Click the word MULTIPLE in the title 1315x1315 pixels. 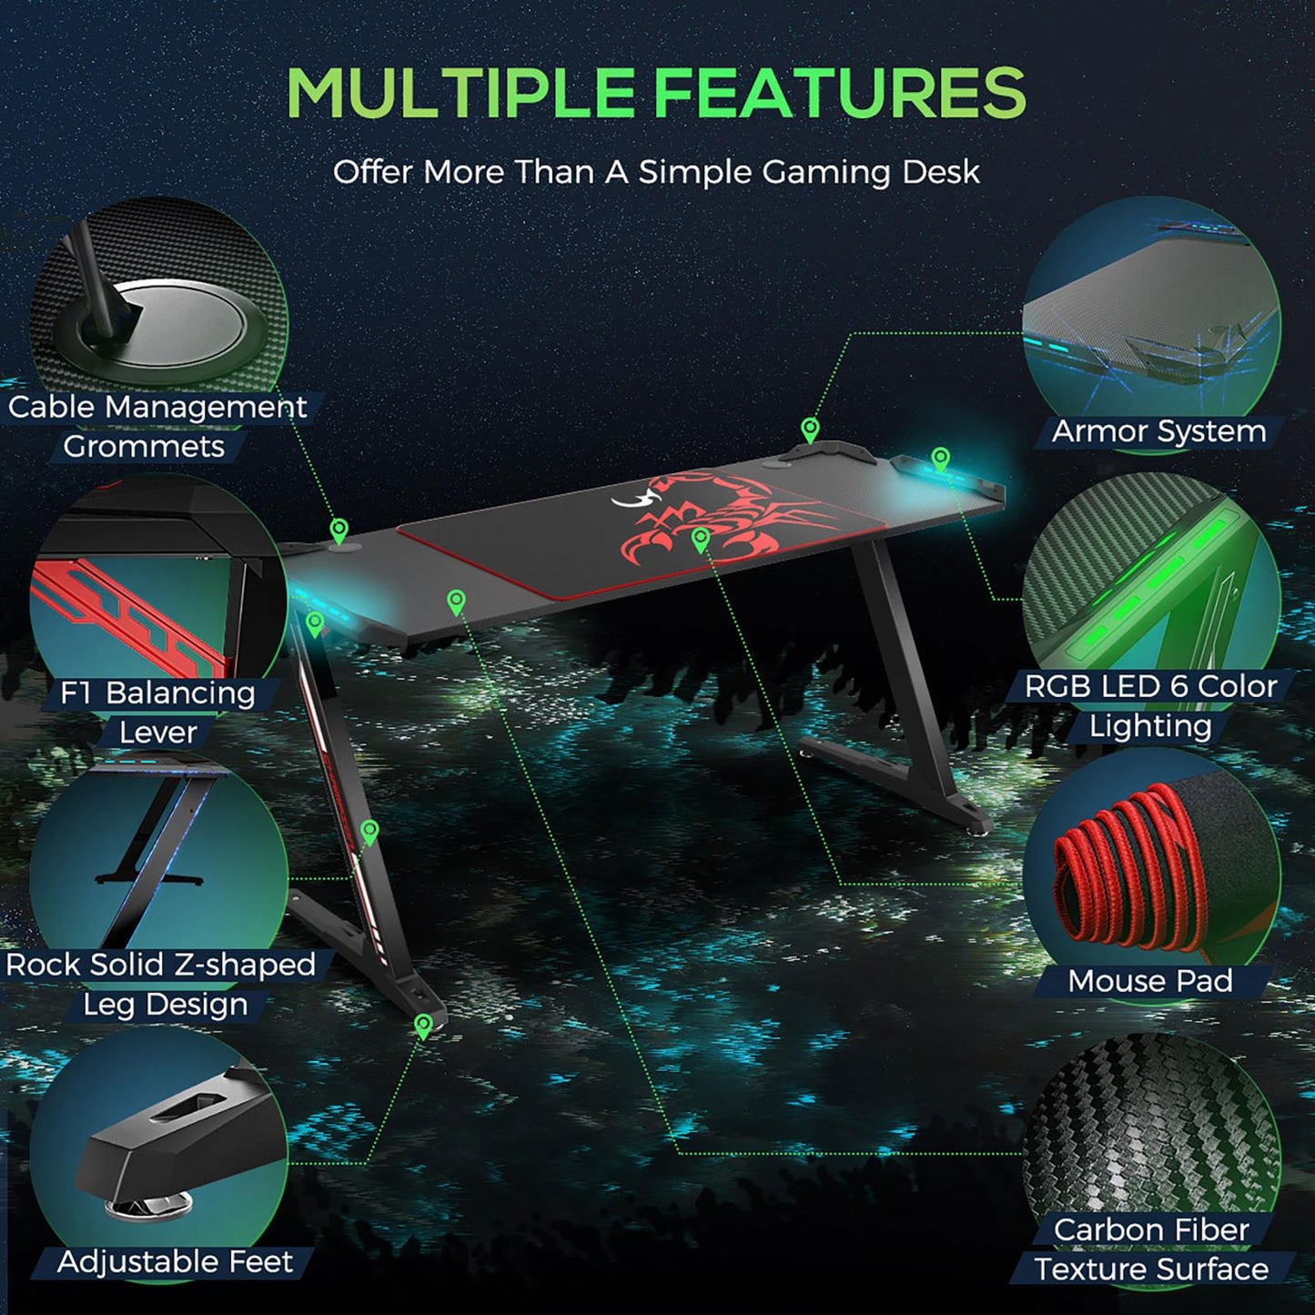coord(460,93)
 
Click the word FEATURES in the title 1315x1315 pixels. coord(839,93)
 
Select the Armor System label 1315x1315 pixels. coord(1158,431)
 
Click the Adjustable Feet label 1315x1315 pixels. coord(175,1262)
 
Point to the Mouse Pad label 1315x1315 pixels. coord(1150,981)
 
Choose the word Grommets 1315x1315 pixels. coord(144,446)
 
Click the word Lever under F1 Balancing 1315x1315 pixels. coord(158,733)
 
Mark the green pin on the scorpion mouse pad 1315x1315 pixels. coord(700,540)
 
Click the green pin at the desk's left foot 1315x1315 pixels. coord(422,1026)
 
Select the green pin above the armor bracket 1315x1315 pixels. coord(810,429)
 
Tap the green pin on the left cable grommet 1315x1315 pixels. coord(339,530)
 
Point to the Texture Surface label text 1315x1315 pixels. coord(1151,1269)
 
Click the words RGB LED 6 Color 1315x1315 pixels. coord(1151,686)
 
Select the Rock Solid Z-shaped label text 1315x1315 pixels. coord(161,965)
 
